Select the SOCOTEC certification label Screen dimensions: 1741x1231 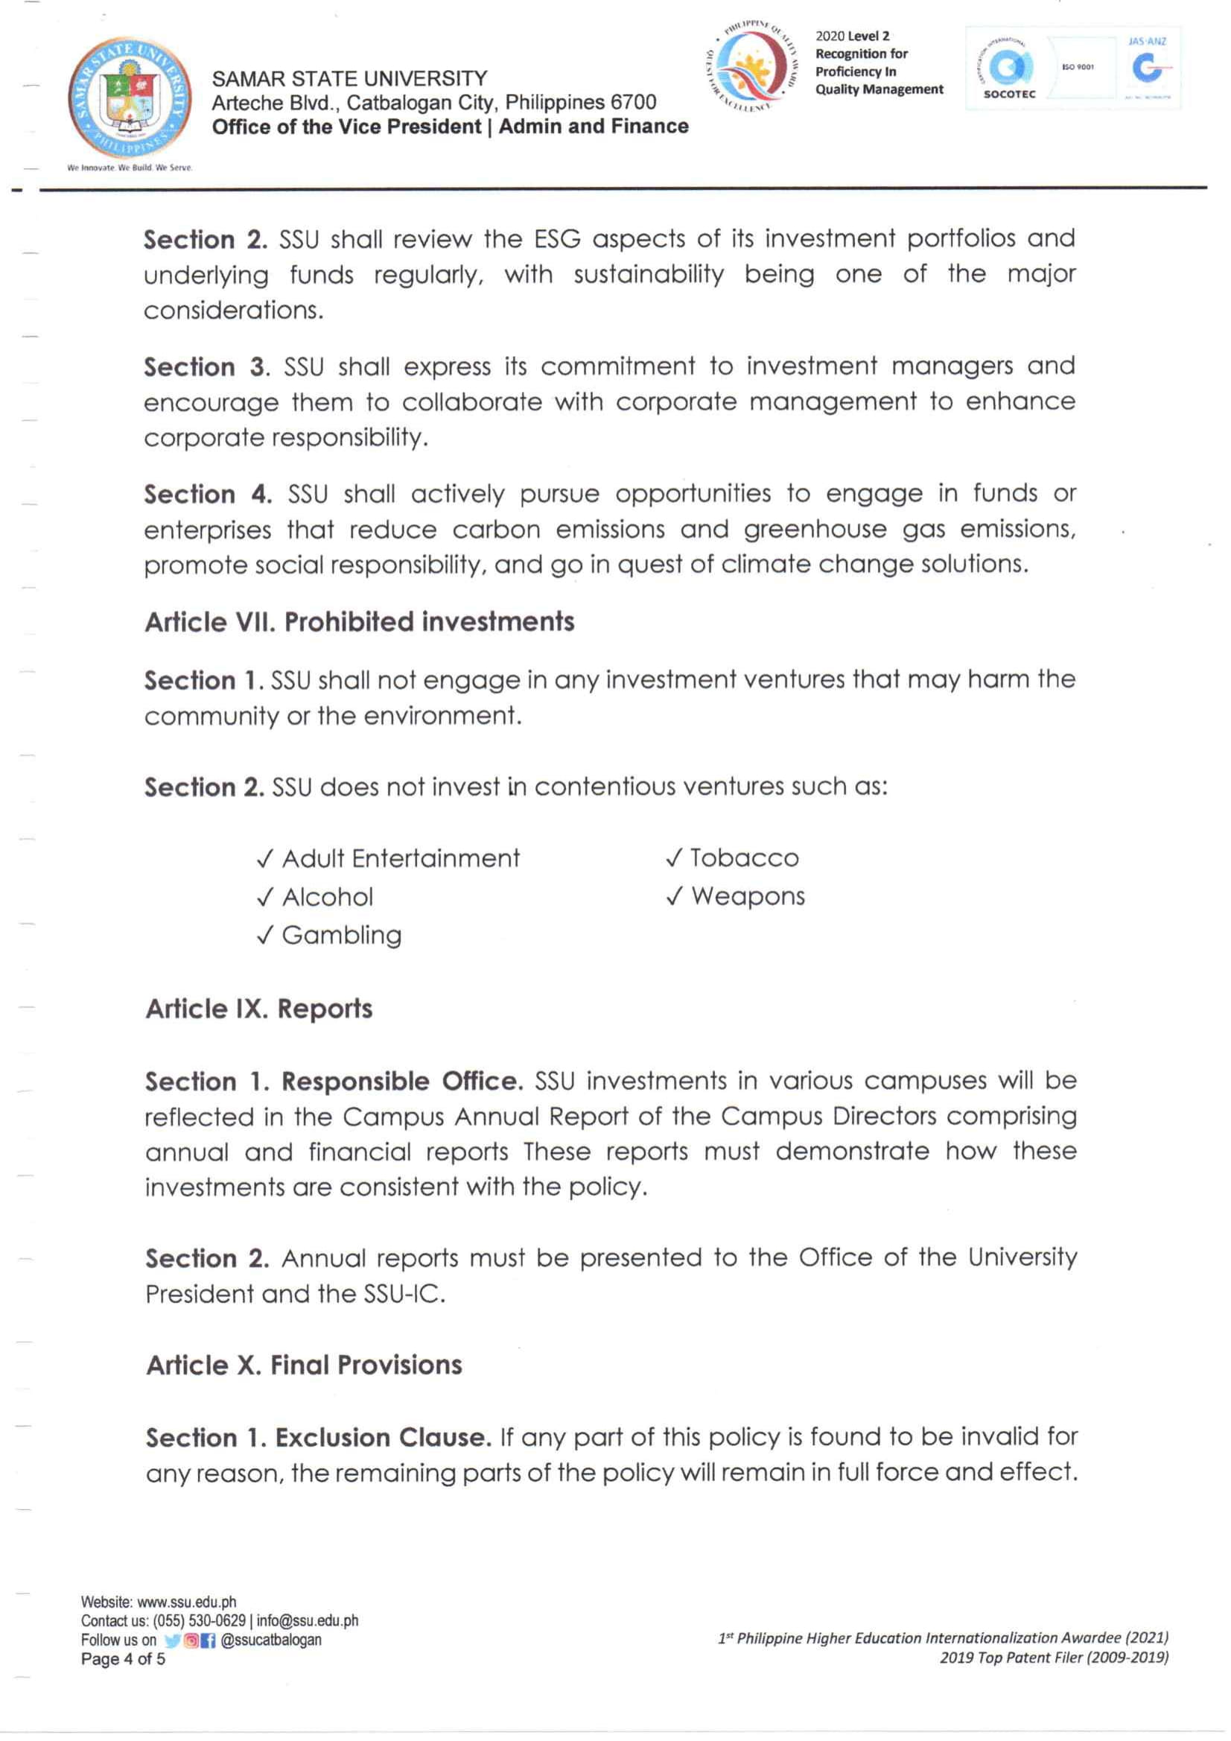click(1009, 94)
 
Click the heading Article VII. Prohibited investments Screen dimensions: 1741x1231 click(359, 623)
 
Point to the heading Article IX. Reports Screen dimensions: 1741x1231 click(259, 1009)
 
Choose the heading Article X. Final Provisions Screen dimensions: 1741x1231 click(304, 1366)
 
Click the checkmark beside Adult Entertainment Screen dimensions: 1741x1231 click(264, 859)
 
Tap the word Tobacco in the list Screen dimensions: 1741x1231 click(745, 858)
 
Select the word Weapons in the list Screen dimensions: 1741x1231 click(748, 896)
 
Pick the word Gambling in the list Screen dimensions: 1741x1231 click(342, 935)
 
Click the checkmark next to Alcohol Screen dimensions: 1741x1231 click(264, 898)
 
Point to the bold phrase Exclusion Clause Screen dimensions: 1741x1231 click(384, 1438)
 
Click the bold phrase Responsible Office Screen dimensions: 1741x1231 click(402, 1081)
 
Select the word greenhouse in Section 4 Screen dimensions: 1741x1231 click(815, 529)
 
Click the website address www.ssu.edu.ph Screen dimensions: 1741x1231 click(186, 1602)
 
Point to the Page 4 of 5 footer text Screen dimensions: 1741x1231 click(123, 1659)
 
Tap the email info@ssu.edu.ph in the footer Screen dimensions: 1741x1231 click(308, 1621)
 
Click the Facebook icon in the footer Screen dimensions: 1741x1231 click(209, 1640)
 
